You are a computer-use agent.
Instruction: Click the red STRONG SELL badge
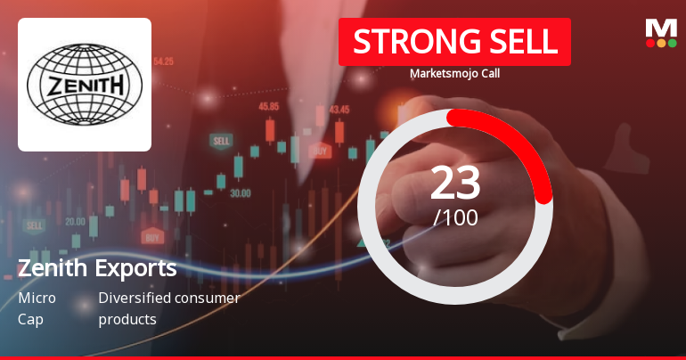tap(454, 42)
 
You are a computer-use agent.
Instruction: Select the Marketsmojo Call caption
tap(454, 74)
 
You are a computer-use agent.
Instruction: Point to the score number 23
tap(455, 183)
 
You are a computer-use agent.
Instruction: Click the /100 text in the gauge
tap(455, 217)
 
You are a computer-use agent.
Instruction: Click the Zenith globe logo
tap(85, 85)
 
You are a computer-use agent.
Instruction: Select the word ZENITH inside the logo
tap(85, 86)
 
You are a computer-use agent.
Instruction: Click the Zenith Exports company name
tap(97, 268)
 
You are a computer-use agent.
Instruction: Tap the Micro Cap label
tap(37, 308)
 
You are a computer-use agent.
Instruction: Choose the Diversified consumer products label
tap(169, 308)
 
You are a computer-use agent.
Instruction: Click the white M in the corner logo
tap(661, 28)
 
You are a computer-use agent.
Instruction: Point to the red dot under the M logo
tap(650, 43)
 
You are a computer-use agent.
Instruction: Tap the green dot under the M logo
tap(672, 43)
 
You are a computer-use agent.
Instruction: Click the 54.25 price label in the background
tap(163, 61)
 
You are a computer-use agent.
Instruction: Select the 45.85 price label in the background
tap(268, 106)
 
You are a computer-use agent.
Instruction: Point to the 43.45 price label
tap(339, 110)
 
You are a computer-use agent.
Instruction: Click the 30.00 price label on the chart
tap(240, 192)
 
